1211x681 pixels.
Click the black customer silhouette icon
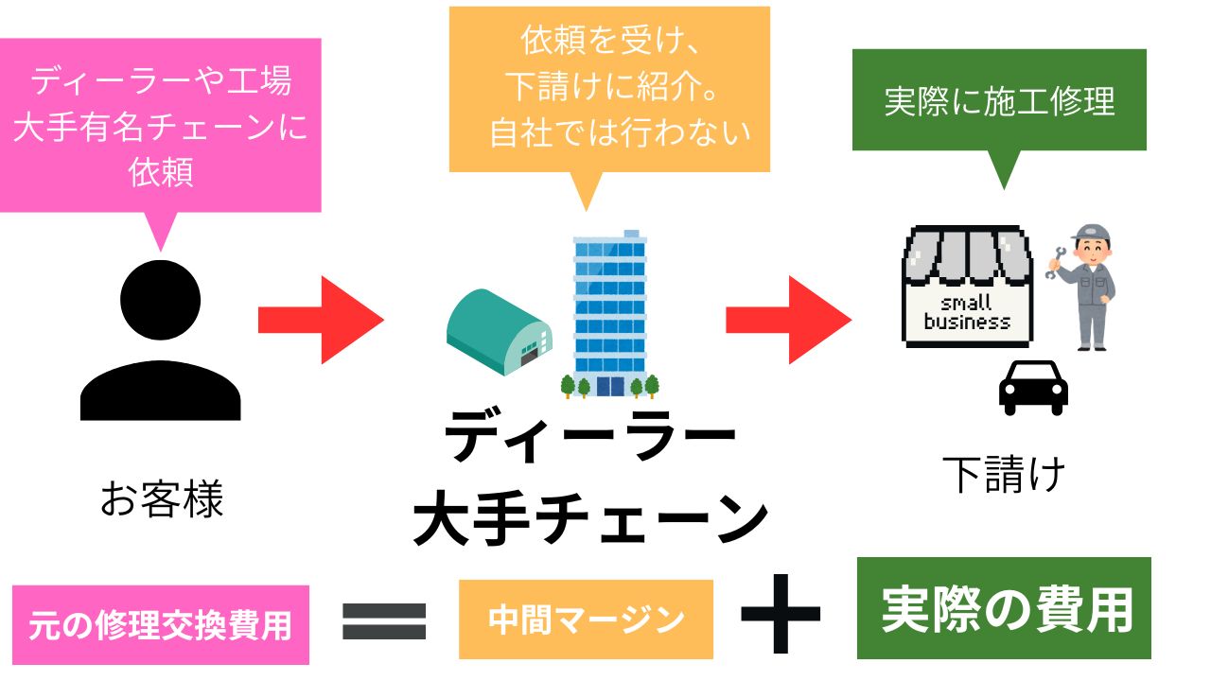pyautogui.click(x=161, y=345)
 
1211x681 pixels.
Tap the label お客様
pyautogui.click(x=162, y=499)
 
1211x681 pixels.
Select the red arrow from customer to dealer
pyautogui.click(x=320, y=320)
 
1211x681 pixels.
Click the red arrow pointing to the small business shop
pyautogui.click(x=787, y=320)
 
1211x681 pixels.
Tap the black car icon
pyautogui.click(x=1033, y=387)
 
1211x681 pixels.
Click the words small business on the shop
pyautogui.click(x=966, y=313)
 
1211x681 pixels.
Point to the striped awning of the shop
pyautogui.click(x=965, y=253)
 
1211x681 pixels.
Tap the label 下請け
pyautogui.click(x=1004, y=475)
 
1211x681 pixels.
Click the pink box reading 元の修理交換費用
pyautogui.click(x=161, y=625)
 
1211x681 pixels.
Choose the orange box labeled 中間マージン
pyautogui.click(x=586, y=620)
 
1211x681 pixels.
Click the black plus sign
pyautogui.click(x=780, y=613)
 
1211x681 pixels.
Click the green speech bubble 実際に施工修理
pyautogui.click(x=999, y=101)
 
